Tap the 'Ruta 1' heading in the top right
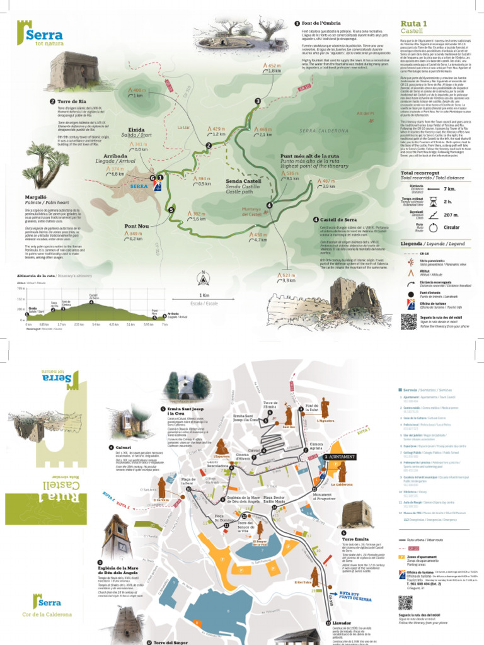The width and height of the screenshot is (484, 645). [x=414, y=23]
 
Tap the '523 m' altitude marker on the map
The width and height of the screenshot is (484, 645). [x=288, y=275]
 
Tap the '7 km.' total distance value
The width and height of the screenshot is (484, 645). [x=449, y=188]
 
